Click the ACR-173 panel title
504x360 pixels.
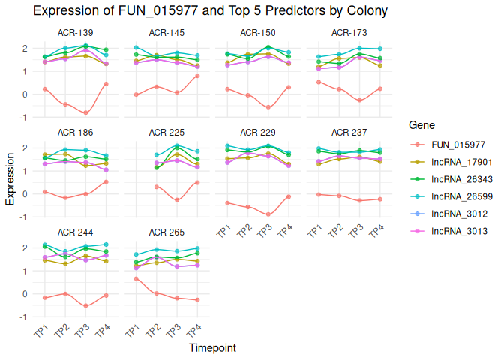point(349,33)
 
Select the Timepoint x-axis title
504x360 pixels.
point(212,348)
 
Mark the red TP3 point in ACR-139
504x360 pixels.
point(85,113)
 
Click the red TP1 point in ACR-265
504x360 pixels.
point(136,279)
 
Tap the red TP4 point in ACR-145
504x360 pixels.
point(197,76)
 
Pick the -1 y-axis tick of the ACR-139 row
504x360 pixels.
point(25,118)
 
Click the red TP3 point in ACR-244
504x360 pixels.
point(85,306)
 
